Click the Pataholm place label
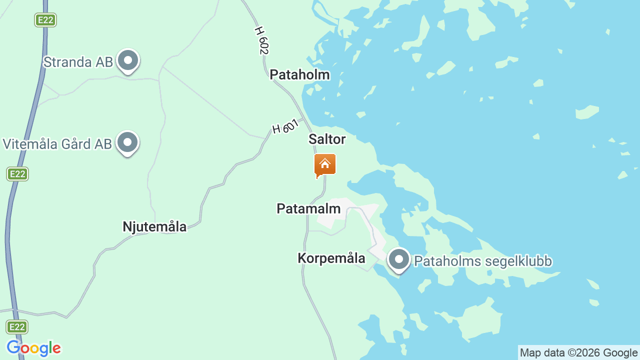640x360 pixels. [x=299, y=75]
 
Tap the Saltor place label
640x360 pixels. [x=327, y=139]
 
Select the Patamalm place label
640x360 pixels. [x=308, y=209]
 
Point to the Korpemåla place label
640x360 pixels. [x=331, y=258]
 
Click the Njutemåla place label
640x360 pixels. [x=154, y=227]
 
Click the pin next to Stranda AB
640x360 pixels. [x=128, y=61]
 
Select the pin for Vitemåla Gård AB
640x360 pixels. [x=127, y=143]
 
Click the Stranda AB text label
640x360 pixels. [x=75, y=62]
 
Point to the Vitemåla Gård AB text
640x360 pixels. [x=57, y=144]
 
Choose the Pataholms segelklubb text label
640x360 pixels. [x=483, y=261]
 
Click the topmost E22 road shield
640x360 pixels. [x=45, y=20]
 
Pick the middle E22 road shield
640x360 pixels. [x=17, y=174]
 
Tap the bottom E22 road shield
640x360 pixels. [x=17, y=327]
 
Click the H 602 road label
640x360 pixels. [x=261, y=40]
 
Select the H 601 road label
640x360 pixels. [x=285, y=126]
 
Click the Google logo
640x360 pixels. [x=33, y=348]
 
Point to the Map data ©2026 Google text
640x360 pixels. [x=578, y=353]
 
